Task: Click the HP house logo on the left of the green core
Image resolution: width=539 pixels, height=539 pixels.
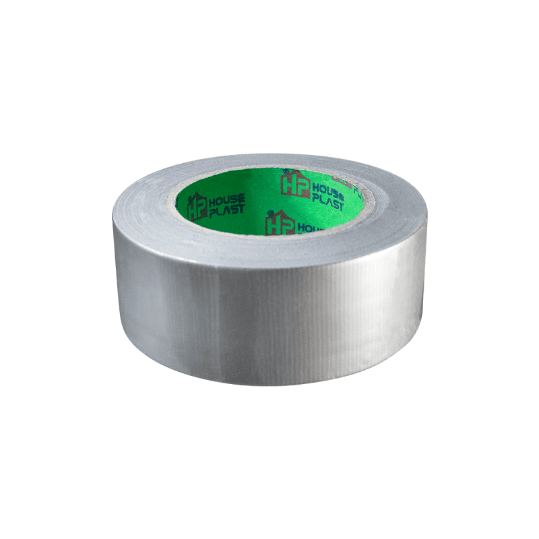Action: click(197, 206)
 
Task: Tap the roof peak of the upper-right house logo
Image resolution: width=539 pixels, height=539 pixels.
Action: click(296, 171)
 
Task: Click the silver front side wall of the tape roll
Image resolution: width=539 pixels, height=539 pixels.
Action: click(269, 317)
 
